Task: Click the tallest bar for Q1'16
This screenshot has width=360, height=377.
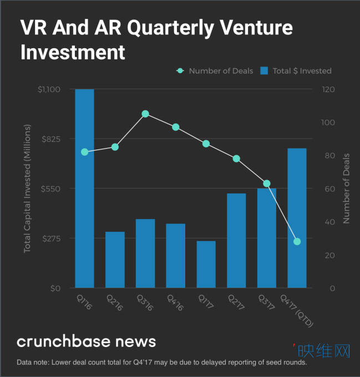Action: coord(84,188)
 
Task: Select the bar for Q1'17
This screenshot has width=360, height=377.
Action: coord(206,264)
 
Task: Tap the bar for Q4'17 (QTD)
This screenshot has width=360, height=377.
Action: coord(297,218)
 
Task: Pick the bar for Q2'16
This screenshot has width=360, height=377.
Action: coord(115,259)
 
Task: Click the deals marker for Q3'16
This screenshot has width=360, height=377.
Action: coord(145,114)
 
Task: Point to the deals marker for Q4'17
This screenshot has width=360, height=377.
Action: coord(297,241)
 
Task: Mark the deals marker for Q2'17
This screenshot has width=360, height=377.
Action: coord(236,159)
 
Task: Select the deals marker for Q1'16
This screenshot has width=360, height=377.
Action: coord(84,152)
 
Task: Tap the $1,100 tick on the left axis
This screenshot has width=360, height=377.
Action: coord(49,89)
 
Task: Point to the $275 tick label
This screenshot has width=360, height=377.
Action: coord(52,238)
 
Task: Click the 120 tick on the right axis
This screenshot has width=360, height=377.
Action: coord(328,89)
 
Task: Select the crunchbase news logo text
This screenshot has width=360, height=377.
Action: coord(87,341)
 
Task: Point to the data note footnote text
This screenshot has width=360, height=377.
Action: coord(162,363)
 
